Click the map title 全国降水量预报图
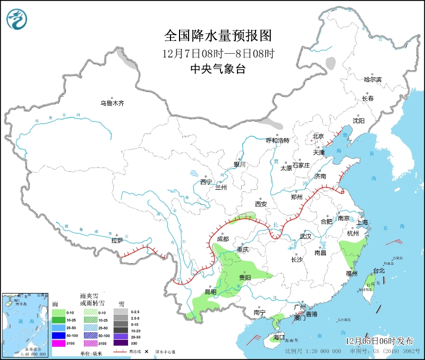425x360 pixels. click(x=218, y=36)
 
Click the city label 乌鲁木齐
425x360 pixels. click(x=112, y=103)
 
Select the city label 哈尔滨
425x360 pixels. click(x=372, y=79)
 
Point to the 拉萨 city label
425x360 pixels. click(x=117, y=240)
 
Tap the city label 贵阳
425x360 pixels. click(x=245, y=278)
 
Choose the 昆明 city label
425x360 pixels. click(x=210, y=292)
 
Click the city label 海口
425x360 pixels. click(x=279, y=338)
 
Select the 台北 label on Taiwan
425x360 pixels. click(x=379, y=271)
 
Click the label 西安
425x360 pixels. click(x=260, y=204)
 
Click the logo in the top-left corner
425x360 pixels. click(x=16, y=20)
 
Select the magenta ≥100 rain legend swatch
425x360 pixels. click(x=58, y=343)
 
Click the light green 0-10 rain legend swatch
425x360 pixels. click(x=58, y=312)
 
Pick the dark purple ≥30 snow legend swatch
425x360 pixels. click(x=122, y=343)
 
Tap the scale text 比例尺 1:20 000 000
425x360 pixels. click(x=313, y=351)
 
